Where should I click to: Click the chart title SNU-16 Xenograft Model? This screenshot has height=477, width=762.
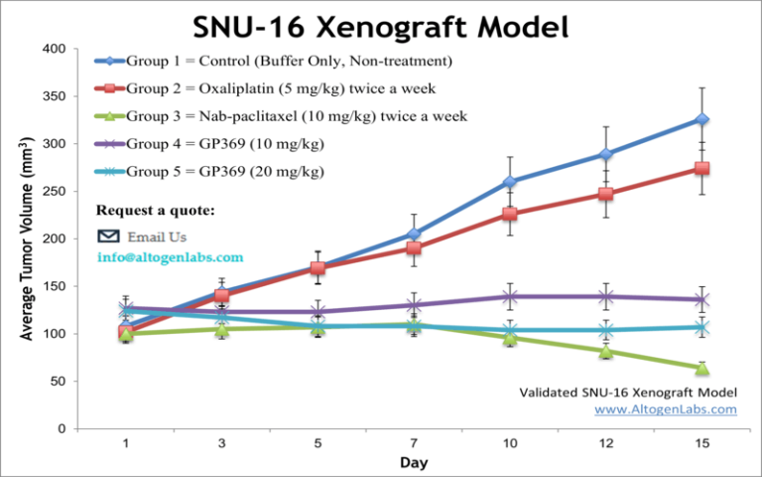pos(381,25)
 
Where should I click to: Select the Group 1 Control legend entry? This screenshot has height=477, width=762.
pos(274,62)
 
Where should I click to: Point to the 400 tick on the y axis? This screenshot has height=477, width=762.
pos(56,49)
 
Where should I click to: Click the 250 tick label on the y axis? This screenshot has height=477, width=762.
pos(56,192)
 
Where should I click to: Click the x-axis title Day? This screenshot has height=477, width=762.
pos(414,463)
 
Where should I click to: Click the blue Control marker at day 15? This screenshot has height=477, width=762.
pos(702,119)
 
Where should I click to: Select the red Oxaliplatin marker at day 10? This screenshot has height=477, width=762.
pos(510,214)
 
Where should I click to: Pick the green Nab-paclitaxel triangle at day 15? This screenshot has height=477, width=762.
pos(702,369)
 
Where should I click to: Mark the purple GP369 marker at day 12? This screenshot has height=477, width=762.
pos(606,296)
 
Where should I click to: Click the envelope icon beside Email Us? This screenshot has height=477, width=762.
pos(109,237)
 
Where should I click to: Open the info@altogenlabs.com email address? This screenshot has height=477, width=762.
pos(170,256)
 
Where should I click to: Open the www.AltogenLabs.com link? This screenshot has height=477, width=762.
pos(665,408)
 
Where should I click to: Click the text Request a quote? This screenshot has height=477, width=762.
pos(155,211)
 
